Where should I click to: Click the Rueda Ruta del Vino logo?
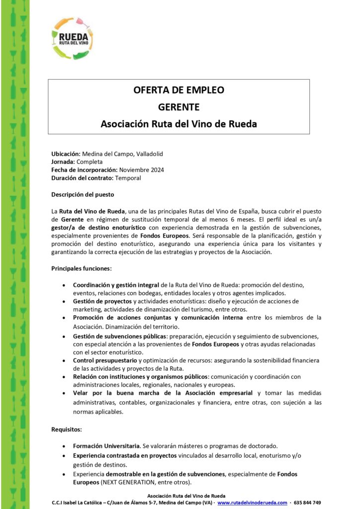tap(73, 38)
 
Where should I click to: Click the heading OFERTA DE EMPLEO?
tap(179, 90)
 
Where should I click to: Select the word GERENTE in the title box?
tap(179, 107)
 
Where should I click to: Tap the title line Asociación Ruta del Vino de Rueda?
tap(179, 123)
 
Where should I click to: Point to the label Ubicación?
tap(66, 154)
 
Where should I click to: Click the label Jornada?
tap(63, 162)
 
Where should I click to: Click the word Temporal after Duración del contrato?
tap(128, 178)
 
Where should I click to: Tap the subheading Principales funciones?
tap(82, 268)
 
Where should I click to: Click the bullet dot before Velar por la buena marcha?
tap(64, 393)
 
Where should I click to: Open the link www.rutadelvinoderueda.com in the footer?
tap(252, 503)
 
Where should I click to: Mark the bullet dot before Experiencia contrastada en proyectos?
tap(64, 456)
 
